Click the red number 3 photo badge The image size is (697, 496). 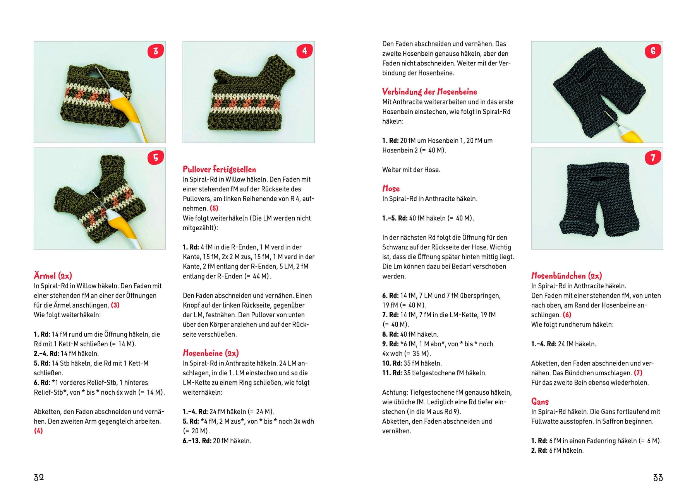pyautogui.click(x=156, y=51)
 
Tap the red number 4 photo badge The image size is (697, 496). pyautogui.click(x=304, y=51)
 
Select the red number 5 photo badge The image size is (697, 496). pyautogui.click(x=156, y=157)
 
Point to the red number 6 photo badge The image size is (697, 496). pyautogui.click(x=653, y=51)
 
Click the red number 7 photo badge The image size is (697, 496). pyautogui.click(x=653, y=157)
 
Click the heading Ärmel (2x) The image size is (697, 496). pyautogui.click(x=53, y=276)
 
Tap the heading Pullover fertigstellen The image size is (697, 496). pyautogui.click(x=219, y=169)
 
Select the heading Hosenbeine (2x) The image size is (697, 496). pyautogui.click(x=211, y=353)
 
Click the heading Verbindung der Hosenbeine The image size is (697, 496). pyautogui.click(x=429, y=92)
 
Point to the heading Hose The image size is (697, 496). pyautogui.click(x=391, y=188)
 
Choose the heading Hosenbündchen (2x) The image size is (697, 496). pyautogui.click(x=566, y=276)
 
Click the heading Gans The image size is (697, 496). pyautogui.click(x=540, y=402)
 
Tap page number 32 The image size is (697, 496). pyautogui.click(x=39, y=477)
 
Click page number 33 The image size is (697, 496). pyautogui.click(x=658, y=477)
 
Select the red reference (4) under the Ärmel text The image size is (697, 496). pyautogui.click(x=38, y=431)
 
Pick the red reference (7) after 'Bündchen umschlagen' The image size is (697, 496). pyautogui.click(x=638, y=373)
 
